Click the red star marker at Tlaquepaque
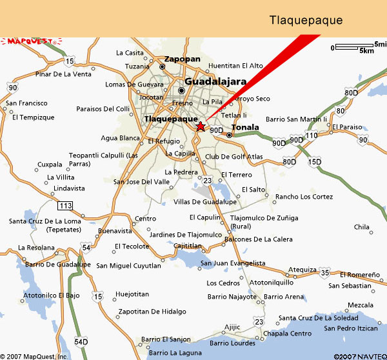pyautogui.click(x=201, y=126)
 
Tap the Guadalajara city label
pyautogui.click(x=215, y=82)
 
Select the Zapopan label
pyautogui.click(x=183, y=59)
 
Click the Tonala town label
pyautogui.click(x=244, y=127)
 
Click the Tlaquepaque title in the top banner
pyautogui.click(x=305, y=20)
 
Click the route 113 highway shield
pyautogui.click(x=64, y=206)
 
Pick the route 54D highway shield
pyautogui.click(x=81, y=341)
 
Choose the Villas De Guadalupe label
pyautogui.click(x=205, y=202)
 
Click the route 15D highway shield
pyautogui.click(x=314, y=162)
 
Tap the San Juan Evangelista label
pyautogui.click(x=233, y=263)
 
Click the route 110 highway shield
pyautogui.click(x=312, y=135)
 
